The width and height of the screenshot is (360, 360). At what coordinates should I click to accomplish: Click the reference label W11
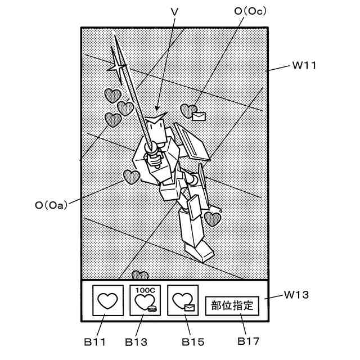305,65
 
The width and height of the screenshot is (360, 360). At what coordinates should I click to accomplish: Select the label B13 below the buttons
136,341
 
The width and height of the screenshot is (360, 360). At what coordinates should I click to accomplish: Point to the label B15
193,341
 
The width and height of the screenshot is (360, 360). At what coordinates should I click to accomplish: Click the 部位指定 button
232,306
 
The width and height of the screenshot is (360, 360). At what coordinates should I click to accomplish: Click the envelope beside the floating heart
199,116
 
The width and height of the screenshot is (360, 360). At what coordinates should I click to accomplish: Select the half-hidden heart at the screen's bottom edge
140,276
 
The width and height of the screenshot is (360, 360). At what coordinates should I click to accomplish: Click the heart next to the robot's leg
212,218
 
